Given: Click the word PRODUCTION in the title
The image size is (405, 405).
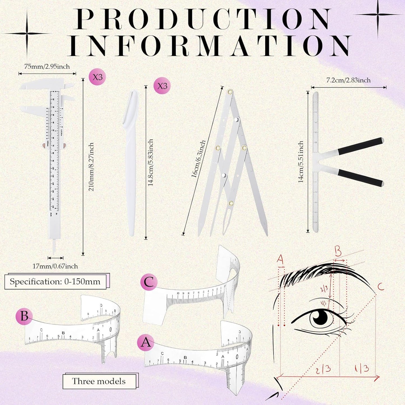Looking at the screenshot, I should tap(203, 19).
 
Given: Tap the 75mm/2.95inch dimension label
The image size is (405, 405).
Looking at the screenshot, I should tap(47, 67).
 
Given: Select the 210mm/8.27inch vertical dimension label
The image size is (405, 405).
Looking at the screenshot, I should tap(91, 167).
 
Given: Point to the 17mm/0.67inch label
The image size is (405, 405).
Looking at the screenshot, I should tap(55, 266).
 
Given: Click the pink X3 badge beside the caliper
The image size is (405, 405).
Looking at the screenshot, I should tap(97, 77).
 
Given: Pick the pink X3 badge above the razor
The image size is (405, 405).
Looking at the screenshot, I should tap(162, 85).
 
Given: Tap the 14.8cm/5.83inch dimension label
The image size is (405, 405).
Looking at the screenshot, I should tap(151, 163).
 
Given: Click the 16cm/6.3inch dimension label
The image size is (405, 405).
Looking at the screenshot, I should tap(198, 159).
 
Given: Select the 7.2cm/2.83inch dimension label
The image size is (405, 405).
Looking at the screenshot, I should tap(348, 80).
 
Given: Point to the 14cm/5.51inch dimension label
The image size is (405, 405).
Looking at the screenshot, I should tap(301, 162).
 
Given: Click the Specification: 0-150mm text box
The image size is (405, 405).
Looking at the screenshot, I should tap(55, 282).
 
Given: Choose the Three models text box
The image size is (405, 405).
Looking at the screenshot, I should tap(99, 381).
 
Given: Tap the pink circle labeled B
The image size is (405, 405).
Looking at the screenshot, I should tap(24, 316).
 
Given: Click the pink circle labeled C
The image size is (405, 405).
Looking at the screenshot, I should tap(149, 282).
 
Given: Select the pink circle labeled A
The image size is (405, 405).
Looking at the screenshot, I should tap(146, 342).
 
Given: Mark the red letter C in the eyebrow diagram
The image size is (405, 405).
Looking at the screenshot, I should tap(381, 286).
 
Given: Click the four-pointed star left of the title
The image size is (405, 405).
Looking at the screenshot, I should tap(27, 34).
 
